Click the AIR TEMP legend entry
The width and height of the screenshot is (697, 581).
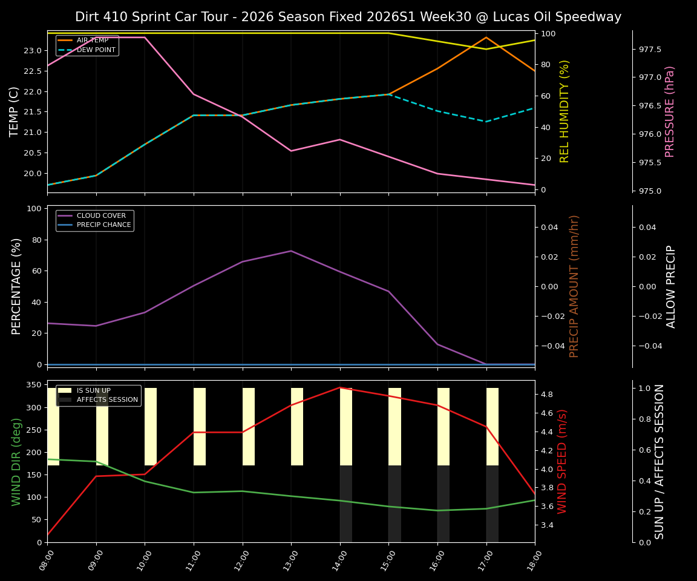coord(92,41)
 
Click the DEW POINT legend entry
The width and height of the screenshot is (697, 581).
coord(96,50)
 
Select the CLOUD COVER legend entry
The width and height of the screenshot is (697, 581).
coord(101,216)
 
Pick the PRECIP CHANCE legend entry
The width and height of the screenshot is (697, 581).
coord(103,225)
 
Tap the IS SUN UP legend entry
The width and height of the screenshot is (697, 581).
coord(93,391)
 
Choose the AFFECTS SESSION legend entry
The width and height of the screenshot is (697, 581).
coord(107,400)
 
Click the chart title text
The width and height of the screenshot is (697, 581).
coord(348,17)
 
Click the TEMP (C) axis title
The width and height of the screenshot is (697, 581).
coord(15,111)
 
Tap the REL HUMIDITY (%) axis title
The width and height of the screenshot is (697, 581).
coord(564,111)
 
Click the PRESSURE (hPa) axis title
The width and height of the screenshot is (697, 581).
coord(670,111)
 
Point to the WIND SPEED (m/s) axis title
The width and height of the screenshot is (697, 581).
coord(563,461)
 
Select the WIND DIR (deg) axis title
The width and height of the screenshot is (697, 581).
coord(17,461)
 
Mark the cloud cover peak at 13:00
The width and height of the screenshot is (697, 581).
coord(291,251)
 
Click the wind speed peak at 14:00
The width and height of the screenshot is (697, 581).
coord(340,387)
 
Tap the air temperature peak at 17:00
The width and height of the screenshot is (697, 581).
coord(486,38)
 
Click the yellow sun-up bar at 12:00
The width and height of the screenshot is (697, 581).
coord(249,427)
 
